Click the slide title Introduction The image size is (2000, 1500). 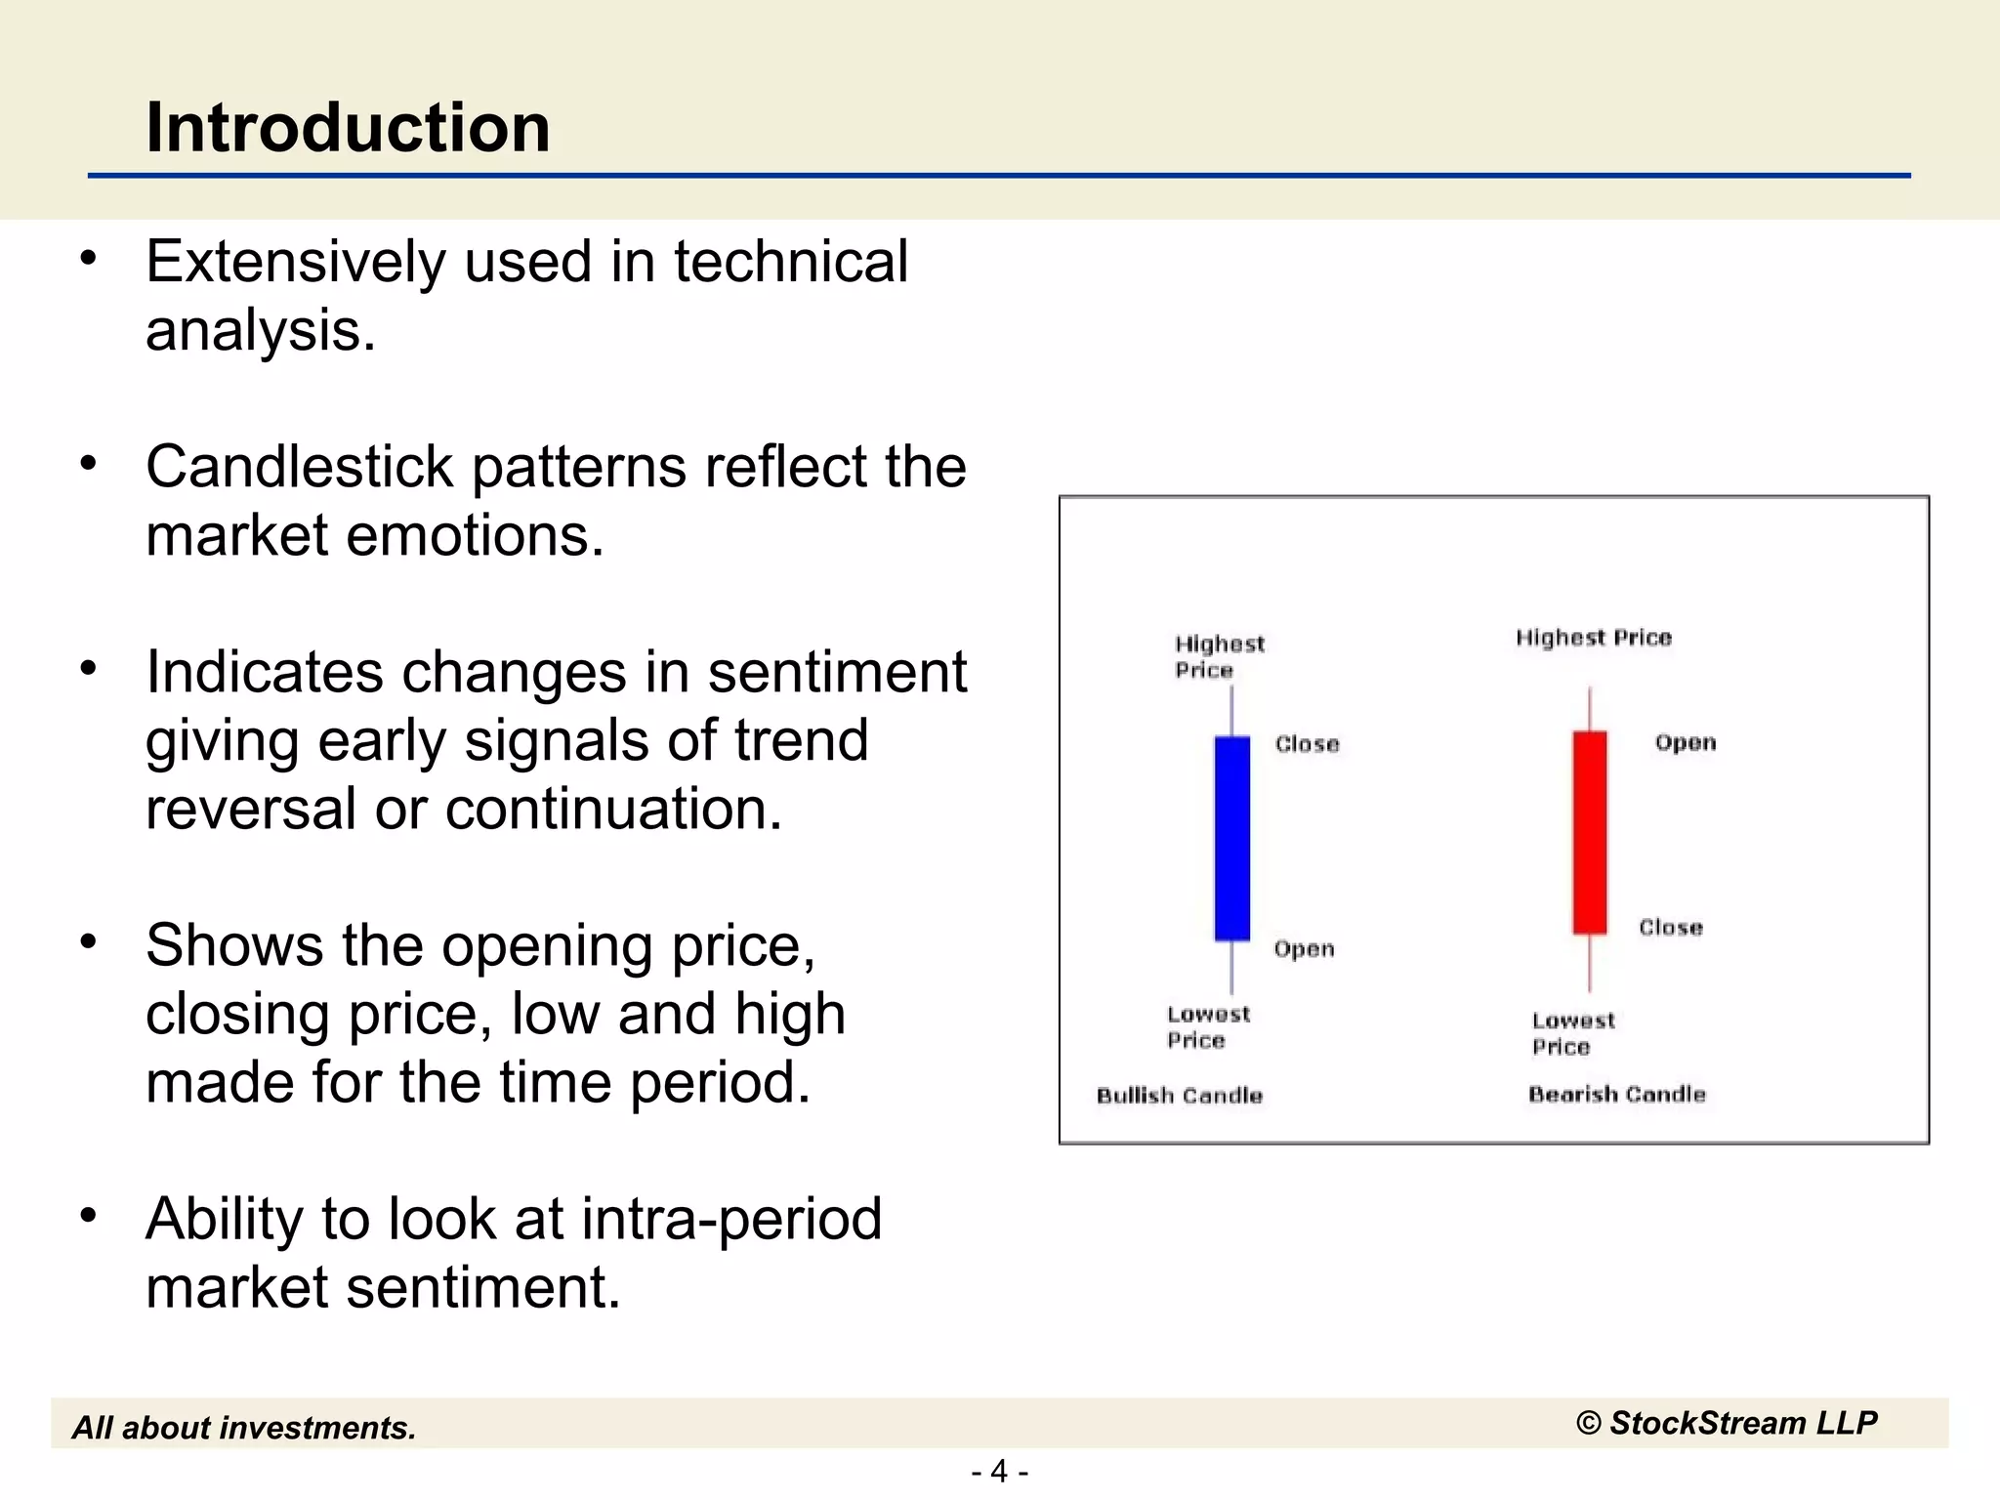point(348,128)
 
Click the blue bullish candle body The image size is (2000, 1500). point(1231,838)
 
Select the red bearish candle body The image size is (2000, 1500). point(1589,832)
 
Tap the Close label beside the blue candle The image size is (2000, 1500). point(1307,744)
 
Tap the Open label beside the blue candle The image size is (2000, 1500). point(1304,948)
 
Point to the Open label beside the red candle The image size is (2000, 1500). point(1685,742)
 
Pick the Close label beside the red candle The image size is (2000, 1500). point(1670,927)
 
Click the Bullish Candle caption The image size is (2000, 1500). point(1179,1095)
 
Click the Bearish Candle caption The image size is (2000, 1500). point(1616,1094)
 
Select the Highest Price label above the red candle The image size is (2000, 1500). point(1593,638)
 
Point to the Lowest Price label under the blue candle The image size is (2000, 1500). point(1207,1026)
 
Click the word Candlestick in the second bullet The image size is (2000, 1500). point(299,467)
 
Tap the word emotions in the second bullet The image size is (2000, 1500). point(474,536)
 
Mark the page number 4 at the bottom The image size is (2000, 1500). point(999,1471)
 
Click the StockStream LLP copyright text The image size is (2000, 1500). point(1726,1423)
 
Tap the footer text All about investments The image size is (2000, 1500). point(244,1428)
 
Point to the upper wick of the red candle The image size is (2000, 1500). point(1590,709)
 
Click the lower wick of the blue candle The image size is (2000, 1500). point(1231,967)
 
